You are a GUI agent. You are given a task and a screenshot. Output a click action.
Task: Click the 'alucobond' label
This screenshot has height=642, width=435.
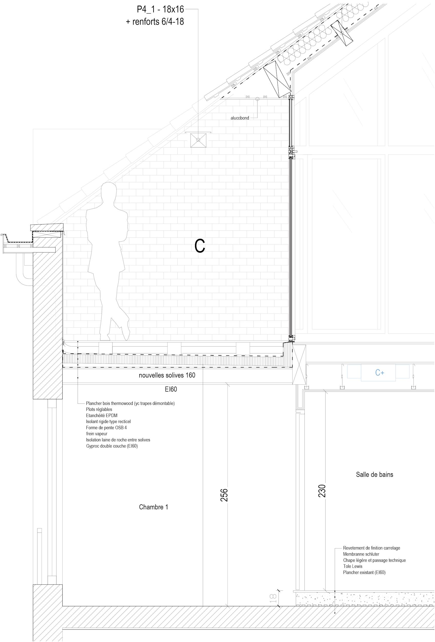(240, 118)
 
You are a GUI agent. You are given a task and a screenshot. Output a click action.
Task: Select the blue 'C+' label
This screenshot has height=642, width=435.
(380, 373)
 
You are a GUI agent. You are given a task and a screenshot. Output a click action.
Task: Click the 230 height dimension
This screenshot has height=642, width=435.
(322, 490)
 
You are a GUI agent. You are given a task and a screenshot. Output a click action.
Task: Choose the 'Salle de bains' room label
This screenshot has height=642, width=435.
(374, 474)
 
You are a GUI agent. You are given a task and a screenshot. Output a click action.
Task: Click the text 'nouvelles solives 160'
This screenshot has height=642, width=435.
(167, 375)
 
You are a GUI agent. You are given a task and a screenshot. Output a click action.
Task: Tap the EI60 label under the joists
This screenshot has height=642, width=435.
(171, 389)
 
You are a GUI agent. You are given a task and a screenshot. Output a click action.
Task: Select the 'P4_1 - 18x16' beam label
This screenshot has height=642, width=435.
(160, 10)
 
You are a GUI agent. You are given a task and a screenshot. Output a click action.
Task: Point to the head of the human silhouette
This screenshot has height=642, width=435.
(109, 191)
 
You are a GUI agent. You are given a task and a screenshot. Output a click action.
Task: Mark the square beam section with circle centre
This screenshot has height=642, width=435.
(198, 140)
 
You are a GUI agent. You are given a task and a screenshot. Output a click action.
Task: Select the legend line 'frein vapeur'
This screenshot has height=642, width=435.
(96, 434)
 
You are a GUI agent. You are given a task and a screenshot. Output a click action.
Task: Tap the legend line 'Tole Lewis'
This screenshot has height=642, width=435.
(353, 566)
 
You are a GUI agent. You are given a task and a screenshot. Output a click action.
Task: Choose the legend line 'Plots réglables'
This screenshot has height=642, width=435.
(99, 409)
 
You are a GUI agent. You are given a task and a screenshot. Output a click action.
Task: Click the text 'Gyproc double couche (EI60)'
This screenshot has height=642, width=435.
(112, 446)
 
